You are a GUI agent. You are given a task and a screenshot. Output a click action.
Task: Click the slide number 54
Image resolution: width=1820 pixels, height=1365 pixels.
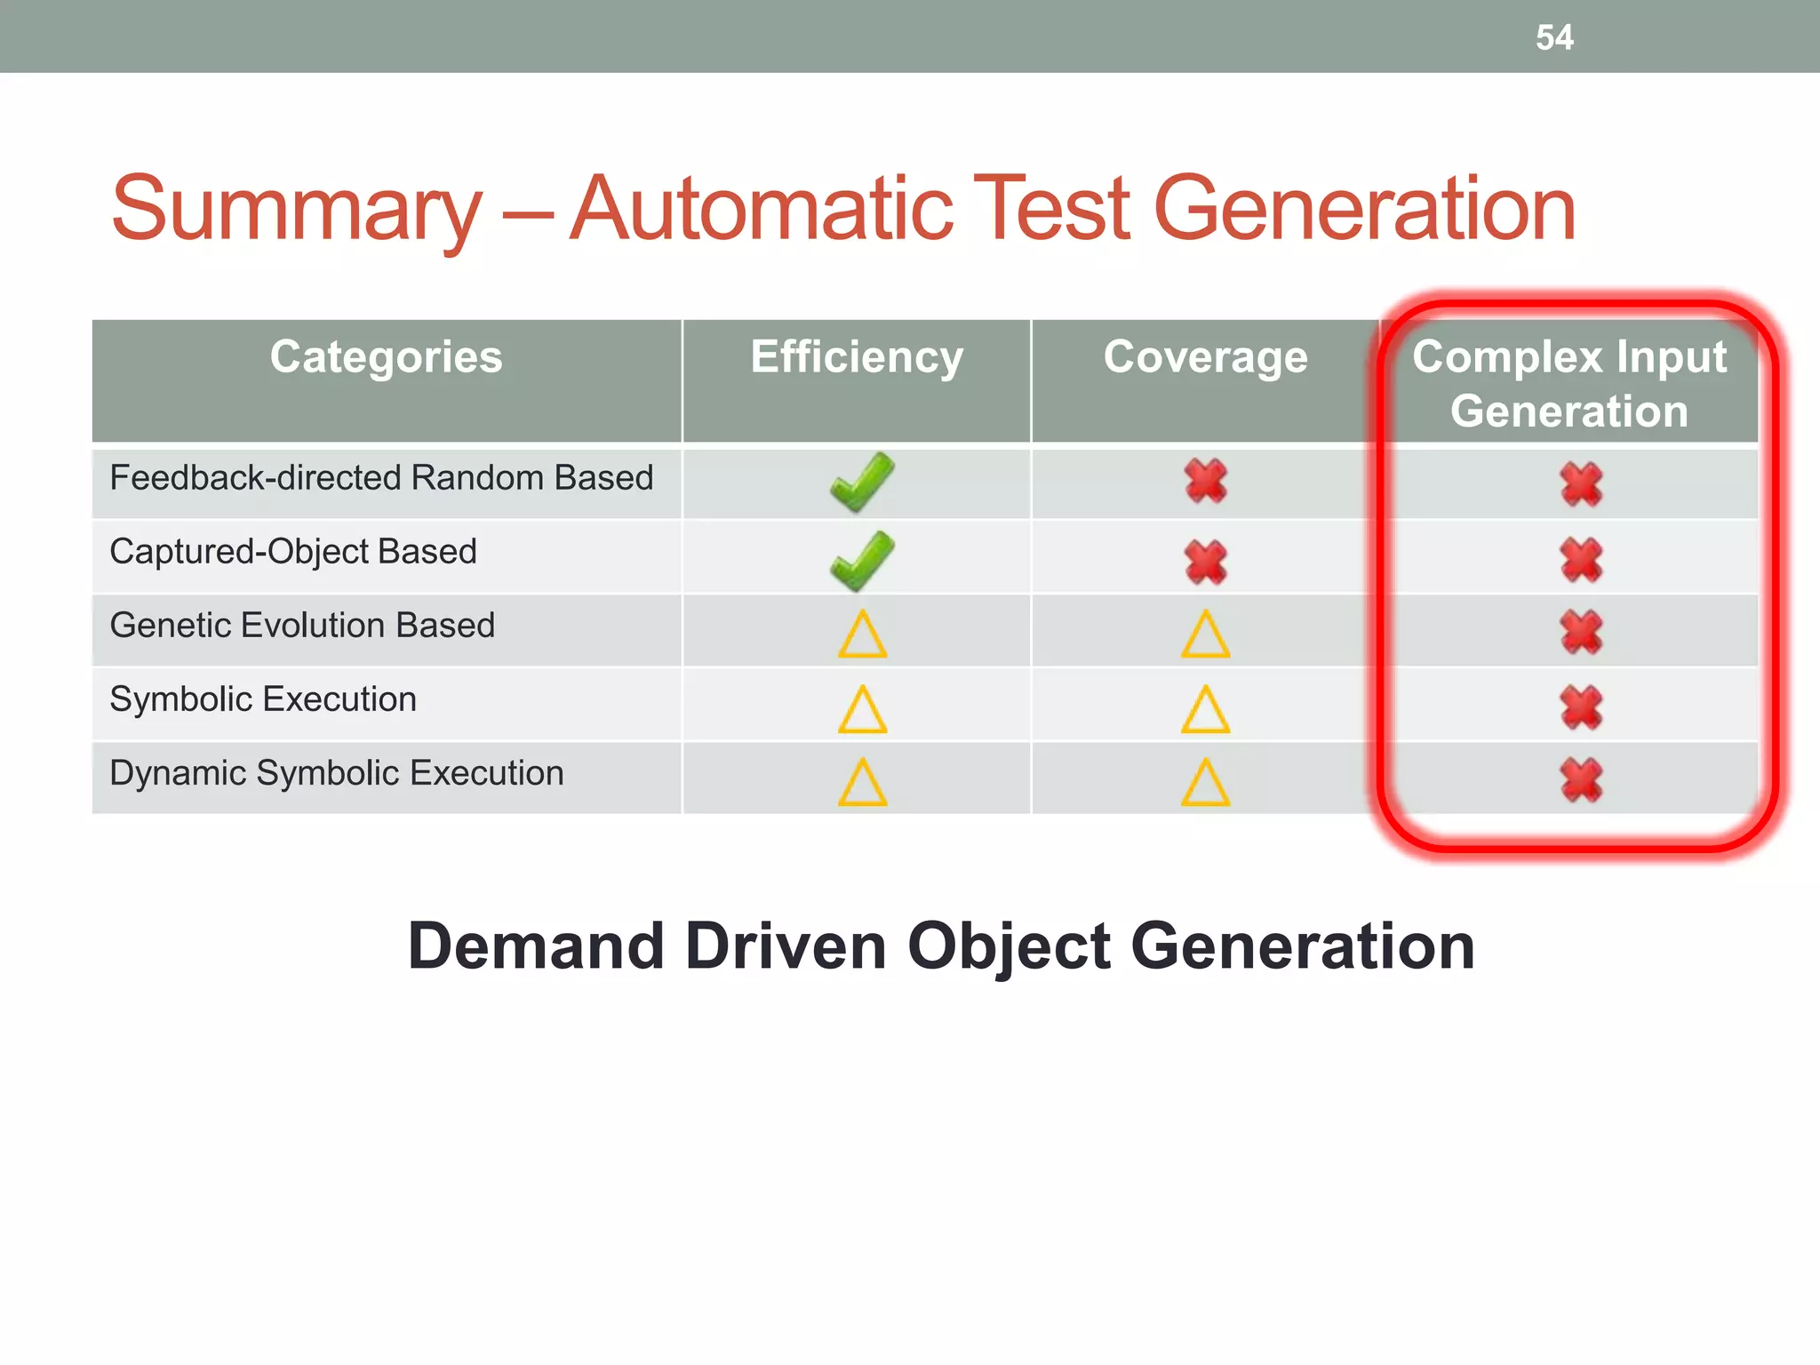tap(1554, 37)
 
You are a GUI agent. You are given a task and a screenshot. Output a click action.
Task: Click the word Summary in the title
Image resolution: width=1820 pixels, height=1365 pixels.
tap(296, 210)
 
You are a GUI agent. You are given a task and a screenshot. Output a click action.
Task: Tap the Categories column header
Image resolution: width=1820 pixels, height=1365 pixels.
tap(386, 357)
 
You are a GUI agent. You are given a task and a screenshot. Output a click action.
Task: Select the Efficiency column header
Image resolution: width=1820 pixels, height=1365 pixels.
tap(857, 357)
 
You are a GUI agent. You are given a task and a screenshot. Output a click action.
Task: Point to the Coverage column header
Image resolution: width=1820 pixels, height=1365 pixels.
tap(1205, 357)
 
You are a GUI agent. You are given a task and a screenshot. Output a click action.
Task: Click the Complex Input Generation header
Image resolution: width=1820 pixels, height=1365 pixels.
tap(1569, 384)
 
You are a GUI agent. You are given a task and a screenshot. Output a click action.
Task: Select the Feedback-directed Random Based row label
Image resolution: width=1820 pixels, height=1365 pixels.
tap(381, 478)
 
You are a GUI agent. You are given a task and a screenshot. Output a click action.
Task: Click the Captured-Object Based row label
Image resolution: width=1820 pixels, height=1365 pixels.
tap(293, 552)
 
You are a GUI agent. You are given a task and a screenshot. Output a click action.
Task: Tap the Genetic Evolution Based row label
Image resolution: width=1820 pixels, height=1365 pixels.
tap(302, 626)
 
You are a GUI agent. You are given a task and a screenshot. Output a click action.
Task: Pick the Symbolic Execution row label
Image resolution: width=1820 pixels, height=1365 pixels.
tap(263, 699)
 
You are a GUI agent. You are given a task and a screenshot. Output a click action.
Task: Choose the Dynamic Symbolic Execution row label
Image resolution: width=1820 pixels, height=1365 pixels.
tap(337, 773)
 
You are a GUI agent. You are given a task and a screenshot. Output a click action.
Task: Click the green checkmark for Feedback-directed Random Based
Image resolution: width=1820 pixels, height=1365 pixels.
tap(861, 483)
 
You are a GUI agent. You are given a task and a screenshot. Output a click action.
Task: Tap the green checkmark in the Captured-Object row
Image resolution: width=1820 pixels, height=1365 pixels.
tap(861, 561)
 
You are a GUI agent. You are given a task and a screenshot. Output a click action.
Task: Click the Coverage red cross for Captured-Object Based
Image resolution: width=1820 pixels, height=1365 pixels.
tap(1206, 562)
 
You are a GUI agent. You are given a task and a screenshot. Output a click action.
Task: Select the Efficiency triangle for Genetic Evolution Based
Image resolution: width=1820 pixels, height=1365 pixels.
tap(862, 635)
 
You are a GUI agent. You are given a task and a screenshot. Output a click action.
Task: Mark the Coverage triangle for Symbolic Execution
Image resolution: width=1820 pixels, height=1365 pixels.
tap(1206, 710)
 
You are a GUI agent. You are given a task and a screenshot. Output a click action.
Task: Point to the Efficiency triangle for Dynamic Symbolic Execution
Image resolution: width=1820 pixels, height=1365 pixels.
tap(862, 784)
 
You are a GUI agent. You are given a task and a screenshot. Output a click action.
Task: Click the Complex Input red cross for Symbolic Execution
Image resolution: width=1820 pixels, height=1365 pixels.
tap(1581, 707)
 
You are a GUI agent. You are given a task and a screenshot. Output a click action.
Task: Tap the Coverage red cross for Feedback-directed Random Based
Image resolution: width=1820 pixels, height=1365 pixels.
tap(1206, 481)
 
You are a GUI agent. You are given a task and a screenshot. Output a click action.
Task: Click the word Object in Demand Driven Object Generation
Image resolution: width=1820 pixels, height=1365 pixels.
tap(1009, 947)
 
